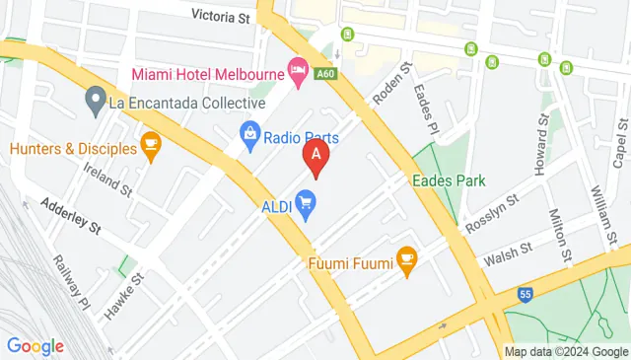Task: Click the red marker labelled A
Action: click(315, 156)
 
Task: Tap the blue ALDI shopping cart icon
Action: click(306, 206)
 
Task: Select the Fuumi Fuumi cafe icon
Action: click(406, 259)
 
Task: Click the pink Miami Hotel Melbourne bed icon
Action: click(296, 68)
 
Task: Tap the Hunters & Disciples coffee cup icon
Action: click(150, 148)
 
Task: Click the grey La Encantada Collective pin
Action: click(96, 98)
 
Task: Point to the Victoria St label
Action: click(222, 16)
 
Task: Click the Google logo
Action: click(35, 346)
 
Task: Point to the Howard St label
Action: click(540, 146)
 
